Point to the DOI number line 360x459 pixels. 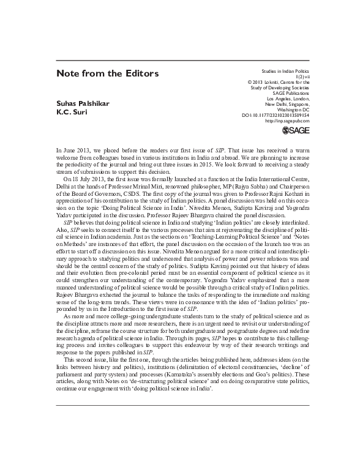[276, 114]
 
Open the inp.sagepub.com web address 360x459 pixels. [287, 121]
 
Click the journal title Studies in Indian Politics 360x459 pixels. [285, 72]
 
